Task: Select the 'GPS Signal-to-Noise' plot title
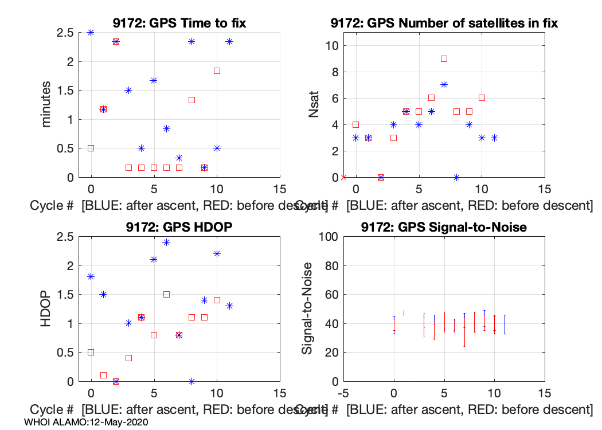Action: pyautogui.click(x=444, y=228)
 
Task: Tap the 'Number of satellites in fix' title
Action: pyautogui.click(x=444, y=24)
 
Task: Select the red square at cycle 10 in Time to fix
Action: pyautogui.click(x=217, y=71)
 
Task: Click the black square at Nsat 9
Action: pyautogui.click(x=444, y=58)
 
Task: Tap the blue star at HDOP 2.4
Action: pyautogui.click(x=166, y=242)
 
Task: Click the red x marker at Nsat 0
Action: pyautogui.click(x=343, y=177)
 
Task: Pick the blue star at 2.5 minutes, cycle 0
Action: pyautogui.click(x=91, y=32)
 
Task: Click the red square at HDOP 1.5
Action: pyautogui.click(x=166, y=294)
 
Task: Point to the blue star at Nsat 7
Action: pyautogui.click(x=444, y=85)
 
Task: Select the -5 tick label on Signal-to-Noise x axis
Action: pyautogui.click(x=343, y=393)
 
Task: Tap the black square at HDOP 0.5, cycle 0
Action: pyautogui.click(x=91, y=352)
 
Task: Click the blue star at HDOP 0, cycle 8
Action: pyautogui.click(x=191, y=381)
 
